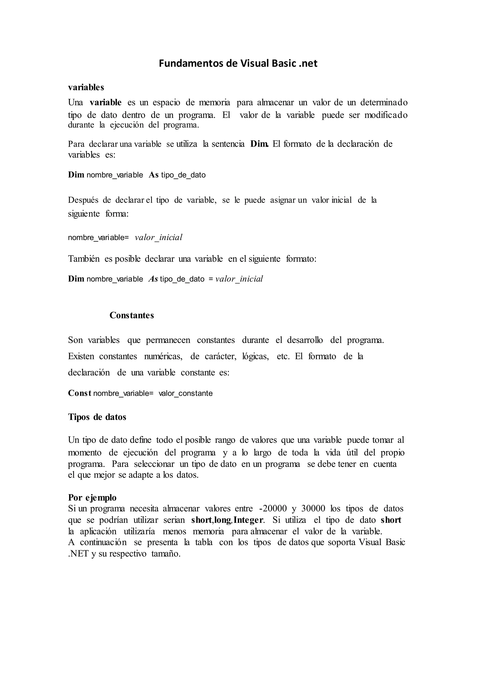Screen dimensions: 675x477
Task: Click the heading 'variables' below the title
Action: click(x=86, y=87)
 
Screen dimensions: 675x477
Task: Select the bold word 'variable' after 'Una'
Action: click(x=106, y=102)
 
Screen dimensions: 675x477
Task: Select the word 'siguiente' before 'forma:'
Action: click(x=84, y=214)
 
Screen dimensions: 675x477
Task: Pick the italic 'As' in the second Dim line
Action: click(x=153, y=279)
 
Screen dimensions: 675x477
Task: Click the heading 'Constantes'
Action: click(x=132, y=315)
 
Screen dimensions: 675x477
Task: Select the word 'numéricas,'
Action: click(x=163, y=356)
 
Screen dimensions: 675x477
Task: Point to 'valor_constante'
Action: click(x=186, y=393)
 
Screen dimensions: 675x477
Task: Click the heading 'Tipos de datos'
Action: click(x=97, y=417)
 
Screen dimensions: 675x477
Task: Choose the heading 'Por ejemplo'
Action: click(x=92, y=497)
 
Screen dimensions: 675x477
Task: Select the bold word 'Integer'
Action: click(x=248, y=520)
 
